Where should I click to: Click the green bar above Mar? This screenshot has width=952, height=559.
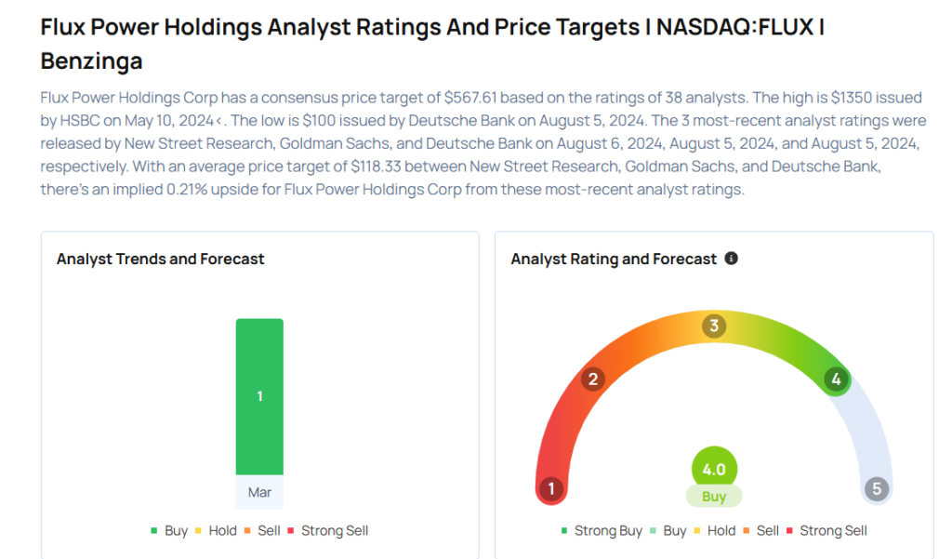(259, 396)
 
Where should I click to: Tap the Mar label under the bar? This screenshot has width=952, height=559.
(259, 492)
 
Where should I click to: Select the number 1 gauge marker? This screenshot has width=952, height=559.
(551, 489)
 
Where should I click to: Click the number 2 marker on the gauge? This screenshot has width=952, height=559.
(592, 379)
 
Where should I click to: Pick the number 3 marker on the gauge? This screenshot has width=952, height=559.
(714, 326)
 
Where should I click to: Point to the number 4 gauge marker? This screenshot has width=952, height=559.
(836, 379)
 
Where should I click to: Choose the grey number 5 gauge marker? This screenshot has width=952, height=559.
(876, 489)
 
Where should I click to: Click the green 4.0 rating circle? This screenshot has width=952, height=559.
(714, 470)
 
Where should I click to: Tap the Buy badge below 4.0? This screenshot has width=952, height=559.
(714, 497)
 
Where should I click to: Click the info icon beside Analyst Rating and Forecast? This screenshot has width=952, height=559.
(731, 259)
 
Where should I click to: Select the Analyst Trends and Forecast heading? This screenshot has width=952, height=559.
(160, 260)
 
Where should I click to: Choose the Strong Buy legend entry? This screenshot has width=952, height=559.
(602, 530)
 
